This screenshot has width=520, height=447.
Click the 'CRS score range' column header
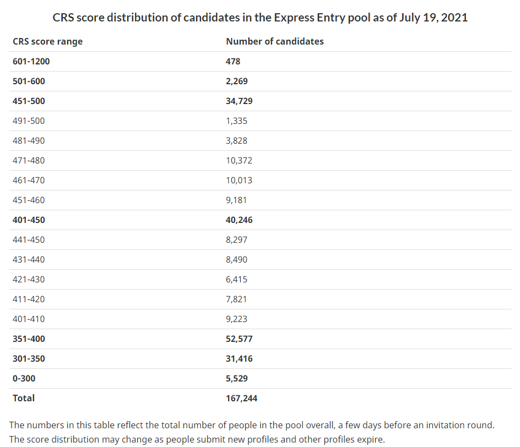(47, 41)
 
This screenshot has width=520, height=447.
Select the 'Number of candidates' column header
(275, 41)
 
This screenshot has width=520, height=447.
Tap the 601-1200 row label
(31, 61)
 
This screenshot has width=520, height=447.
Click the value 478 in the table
(233, 61)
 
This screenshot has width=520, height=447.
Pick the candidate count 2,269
(237, 81)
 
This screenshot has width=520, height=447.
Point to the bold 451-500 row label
(29, 101)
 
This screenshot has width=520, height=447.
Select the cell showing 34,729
(239, 101)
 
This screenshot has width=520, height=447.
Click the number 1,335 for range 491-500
(236, 121)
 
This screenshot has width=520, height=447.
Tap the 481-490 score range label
(29, 140)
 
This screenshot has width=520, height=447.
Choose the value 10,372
(239, 160)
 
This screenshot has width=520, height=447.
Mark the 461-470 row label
(29, 180)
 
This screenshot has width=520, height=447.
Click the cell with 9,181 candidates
(236, 200)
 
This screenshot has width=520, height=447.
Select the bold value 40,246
(239, 220)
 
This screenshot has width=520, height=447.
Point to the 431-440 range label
(29, 259)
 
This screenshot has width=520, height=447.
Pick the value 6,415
(236, 279)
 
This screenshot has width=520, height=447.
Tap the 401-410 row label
(29, 319)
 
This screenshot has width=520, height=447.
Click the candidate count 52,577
(239, 339)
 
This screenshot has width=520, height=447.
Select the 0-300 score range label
(24, 378)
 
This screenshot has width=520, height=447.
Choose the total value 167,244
(241, 398)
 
